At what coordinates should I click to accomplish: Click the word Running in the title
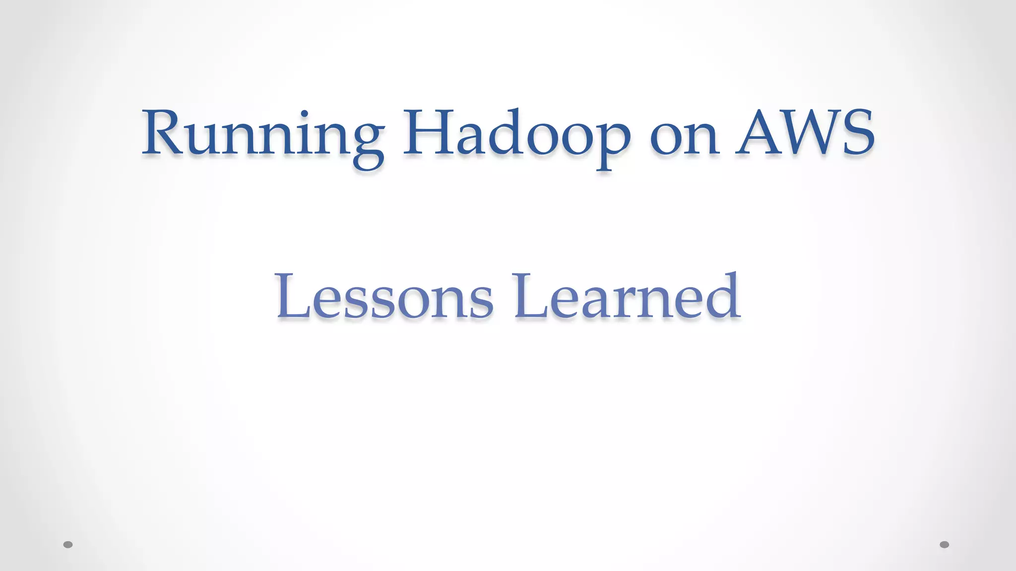263,134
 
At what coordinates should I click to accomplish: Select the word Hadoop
516,134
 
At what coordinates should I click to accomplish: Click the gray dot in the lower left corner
68,545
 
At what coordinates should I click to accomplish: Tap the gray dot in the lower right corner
945,545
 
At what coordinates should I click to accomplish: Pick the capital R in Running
161,132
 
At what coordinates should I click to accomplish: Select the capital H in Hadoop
429,132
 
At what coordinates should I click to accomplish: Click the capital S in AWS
856,132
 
